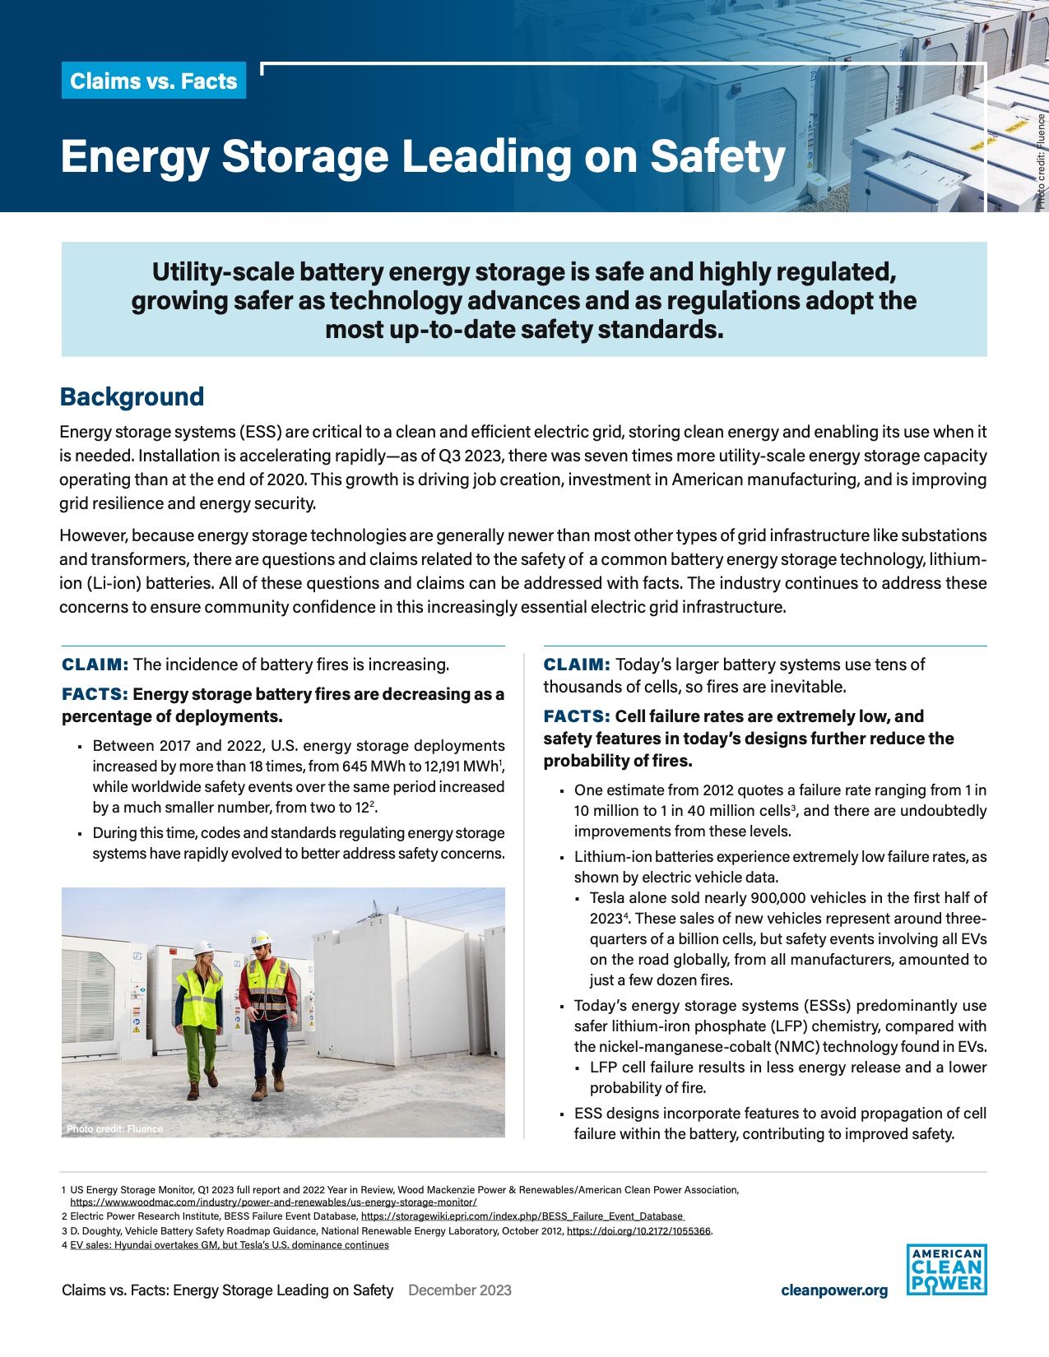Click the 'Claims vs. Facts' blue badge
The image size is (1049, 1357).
154,81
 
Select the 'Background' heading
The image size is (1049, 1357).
132,396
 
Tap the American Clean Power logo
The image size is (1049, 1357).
946,1270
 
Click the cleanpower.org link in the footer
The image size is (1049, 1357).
833,1290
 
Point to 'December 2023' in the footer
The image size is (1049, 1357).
459,1290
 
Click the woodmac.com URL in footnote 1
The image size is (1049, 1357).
273,1202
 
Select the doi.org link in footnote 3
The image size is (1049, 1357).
638,1231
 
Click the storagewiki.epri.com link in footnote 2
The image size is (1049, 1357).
522,1216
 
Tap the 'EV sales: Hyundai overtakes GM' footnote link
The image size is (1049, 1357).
229,1245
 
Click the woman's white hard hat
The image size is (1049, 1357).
204,947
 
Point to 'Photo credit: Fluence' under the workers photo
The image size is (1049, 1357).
114,1128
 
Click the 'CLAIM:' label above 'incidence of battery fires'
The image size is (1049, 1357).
95,665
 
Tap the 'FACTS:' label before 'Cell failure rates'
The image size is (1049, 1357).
576,716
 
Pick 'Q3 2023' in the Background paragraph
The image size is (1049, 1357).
466,456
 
